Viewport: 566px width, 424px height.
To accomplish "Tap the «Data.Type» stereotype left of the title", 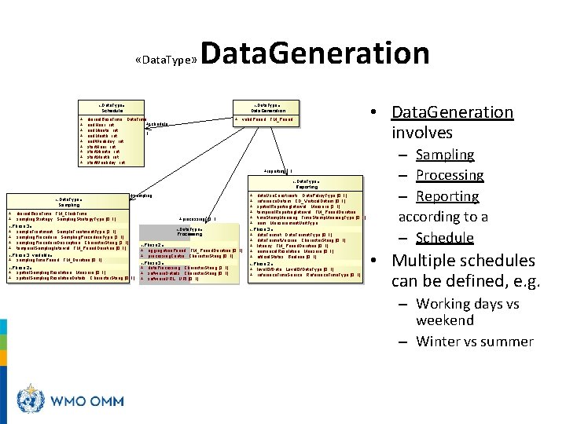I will pyautogui.click(x=166, y=60).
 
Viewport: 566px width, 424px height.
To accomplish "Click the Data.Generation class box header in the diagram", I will pyautogui.click(x=268, y=108).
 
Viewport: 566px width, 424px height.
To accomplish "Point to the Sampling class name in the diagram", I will pyautogui.click(x=68, y=204).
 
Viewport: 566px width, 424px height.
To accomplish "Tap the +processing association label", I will pyautogui.click(x=195, y=219).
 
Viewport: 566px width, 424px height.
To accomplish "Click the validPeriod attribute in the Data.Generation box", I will pyautogui.click(x=256, y=120).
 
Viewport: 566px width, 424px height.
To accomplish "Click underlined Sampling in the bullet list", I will pyautogui.click(x=445, y=155).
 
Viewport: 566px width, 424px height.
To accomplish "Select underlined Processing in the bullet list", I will pyautogui.click(x=450, y=175).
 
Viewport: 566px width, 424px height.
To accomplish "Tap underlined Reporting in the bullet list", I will pyautogui.click(x=447, y=196).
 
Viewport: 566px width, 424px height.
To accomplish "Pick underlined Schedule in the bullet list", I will pyautogui.click(x=445, y=238).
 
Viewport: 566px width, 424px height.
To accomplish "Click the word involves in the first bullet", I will pyautogui.click(x=422, y=133).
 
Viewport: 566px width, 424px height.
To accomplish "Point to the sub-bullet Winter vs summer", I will pyautogui.click(x=475, y=341).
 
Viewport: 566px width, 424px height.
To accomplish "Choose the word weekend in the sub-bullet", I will pyautogui.click(x=445, y=320).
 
